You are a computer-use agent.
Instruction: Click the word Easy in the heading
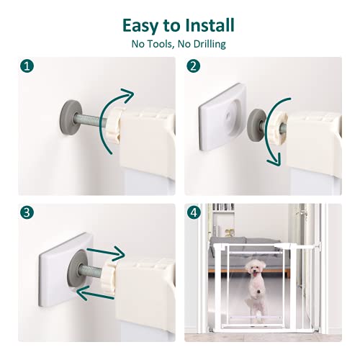142,26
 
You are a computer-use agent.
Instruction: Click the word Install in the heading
208,26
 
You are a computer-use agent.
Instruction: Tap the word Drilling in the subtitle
206,45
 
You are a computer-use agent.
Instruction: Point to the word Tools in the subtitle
163,45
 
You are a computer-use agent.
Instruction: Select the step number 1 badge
27,66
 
